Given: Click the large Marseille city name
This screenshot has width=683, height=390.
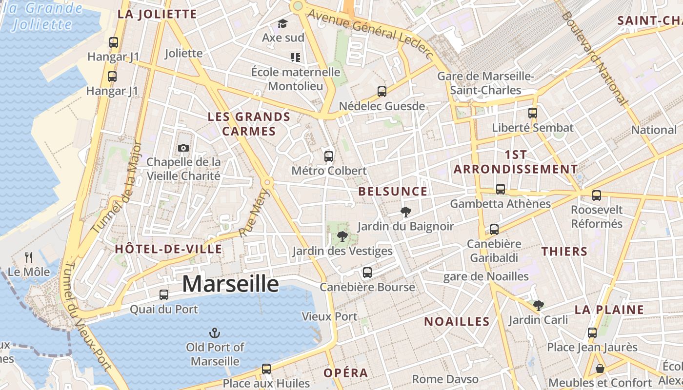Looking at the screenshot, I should click(x=230, y=284).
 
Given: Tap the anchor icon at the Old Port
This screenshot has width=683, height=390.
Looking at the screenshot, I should click(x=215, y=333).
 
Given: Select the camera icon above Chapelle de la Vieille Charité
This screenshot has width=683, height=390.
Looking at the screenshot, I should click(x=183, y=148).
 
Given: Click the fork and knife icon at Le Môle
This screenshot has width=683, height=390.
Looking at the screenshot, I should click(x=29, y=257).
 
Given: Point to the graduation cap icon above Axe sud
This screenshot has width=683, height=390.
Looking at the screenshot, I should click(x=282, y=23).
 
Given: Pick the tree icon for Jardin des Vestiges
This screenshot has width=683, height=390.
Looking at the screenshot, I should click(x=342, y=236).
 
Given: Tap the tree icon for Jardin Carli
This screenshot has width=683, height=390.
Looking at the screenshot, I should click(x=538, y=306).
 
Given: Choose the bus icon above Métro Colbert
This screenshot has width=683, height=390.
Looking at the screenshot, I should click(x=329, y=156).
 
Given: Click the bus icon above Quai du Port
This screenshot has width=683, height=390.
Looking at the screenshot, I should click(x=164, y=294).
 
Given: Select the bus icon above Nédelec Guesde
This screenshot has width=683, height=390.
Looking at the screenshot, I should click(x=382, y=91).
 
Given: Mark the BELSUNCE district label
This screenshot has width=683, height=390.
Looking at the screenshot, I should click(x=393, y=192).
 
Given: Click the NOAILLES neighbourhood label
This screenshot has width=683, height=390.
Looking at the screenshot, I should click(x=457, y=321).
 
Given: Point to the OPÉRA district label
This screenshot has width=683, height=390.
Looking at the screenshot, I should click(x=346, y=373).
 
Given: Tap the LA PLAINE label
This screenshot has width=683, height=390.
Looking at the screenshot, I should click(x=609, y=310).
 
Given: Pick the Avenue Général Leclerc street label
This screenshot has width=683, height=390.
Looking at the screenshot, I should click(x=371, y=34).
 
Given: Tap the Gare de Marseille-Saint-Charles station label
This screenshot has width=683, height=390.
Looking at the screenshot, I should click(x=486, y=83).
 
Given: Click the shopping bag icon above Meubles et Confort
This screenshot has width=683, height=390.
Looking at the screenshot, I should click(x=600, y=369).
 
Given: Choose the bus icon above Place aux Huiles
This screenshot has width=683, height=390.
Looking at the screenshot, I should click(x=266, y=369).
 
